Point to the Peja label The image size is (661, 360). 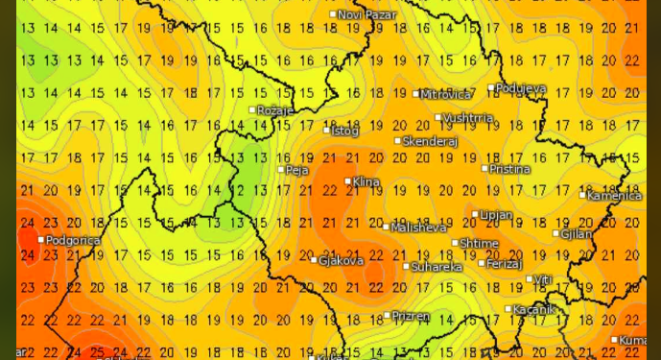coord(297,170)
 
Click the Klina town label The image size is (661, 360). coord(366,181)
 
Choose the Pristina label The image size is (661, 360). coord(509,169)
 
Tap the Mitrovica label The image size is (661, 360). coord(447,94)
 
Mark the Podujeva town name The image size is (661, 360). coord(521,88)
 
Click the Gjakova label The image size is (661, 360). coord(342,260)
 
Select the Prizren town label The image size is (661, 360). coord(411,315)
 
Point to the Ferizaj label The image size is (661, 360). coord(505,263)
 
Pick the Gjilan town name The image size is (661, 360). coord(578,233)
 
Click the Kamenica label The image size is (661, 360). coord(615,196)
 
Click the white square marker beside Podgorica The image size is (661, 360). coord(41,240)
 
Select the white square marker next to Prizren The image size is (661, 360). coord(387,315)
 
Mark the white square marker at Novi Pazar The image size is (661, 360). coord(333,13)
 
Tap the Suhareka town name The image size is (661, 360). coord(437,267)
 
